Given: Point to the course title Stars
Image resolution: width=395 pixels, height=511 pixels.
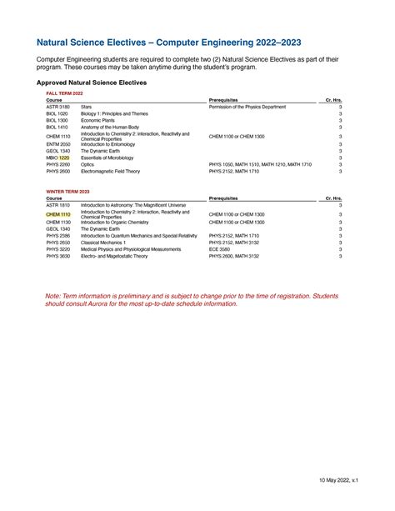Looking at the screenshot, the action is [86, 108].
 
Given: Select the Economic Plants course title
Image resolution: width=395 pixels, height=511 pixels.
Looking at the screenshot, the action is [97, 121].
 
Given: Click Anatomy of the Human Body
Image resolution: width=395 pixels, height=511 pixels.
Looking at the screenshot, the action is [108, 128].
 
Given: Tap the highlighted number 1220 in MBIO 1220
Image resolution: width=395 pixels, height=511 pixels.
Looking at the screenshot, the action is [64, 158].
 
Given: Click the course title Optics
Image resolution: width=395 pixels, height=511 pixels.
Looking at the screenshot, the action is [87, 164].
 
